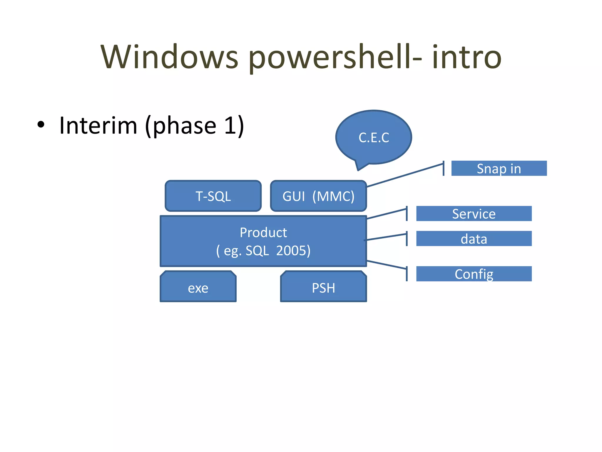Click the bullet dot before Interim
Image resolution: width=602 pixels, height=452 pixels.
(41, 125)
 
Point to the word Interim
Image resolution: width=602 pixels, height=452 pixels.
(98, 126)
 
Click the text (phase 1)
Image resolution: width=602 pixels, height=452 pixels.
(195, 126)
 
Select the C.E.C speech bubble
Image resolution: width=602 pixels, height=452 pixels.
(374, 137)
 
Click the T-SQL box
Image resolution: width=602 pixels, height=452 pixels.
(213, 196)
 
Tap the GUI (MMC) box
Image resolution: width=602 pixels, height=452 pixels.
(318, 196)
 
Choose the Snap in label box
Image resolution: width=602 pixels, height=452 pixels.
(499, 168)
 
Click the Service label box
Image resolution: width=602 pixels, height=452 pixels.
(474, 214)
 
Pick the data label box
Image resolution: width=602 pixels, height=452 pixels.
(474, 239)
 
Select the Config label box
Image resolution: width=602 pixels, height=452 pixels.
(474, 274)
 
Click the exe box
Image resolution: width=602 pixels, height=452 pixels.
(198, 288)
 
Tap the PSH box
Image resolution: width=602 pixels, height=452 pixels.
(323, 288)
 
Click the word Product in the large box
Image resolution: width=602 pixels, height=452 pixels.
(263, 232)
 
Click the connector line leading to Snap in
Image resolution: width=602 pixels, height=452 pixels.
(406, 175)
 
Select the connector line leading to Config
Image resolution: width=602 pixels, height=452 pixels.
(387, 265)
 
